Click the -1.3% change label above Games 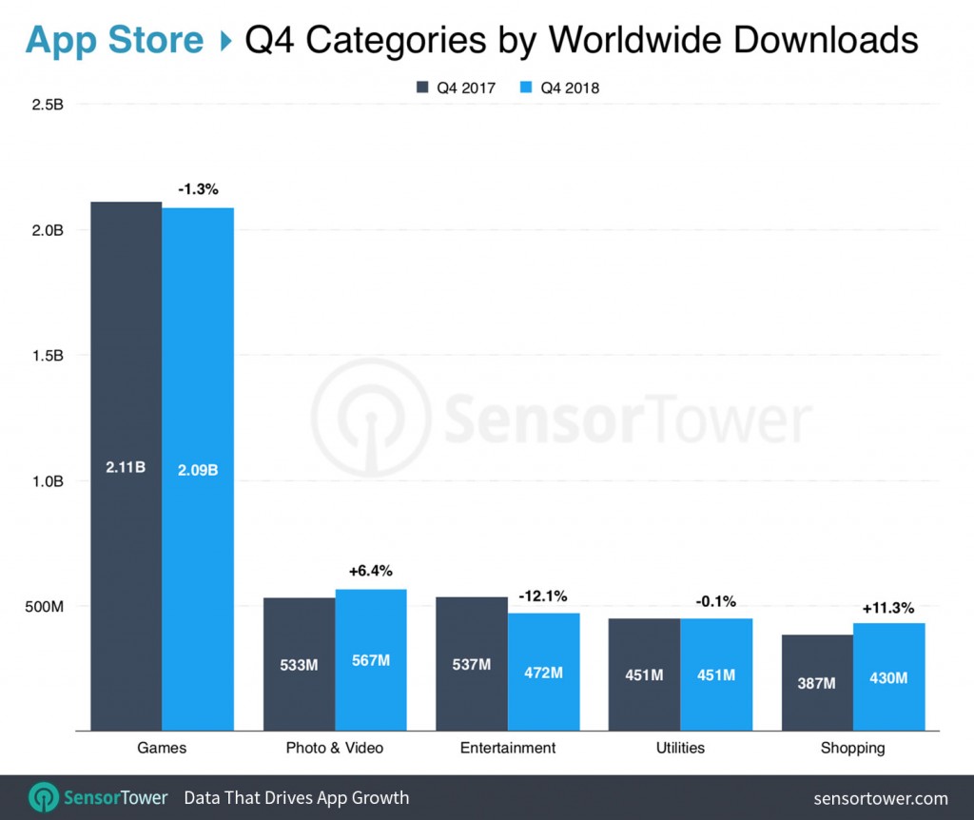coord(198,190)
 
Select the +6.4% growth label coord(371,572)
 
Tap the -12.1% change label coord(543,596)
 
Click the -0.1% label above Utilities coord(715,601)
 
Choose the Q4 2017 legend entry coord(457,88)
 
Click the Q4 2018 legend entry coord(560,88)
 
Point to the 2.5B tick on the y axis coord(47,105)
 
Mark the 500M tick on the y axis coord(43,606)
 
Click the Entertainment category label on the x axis coord(508,748)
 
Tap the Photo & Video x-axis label coord(335,748)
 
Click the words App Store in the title coord(114,40)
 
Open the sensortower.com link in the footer coord(881,797)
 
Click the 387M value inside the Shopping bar coord(816,683)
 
